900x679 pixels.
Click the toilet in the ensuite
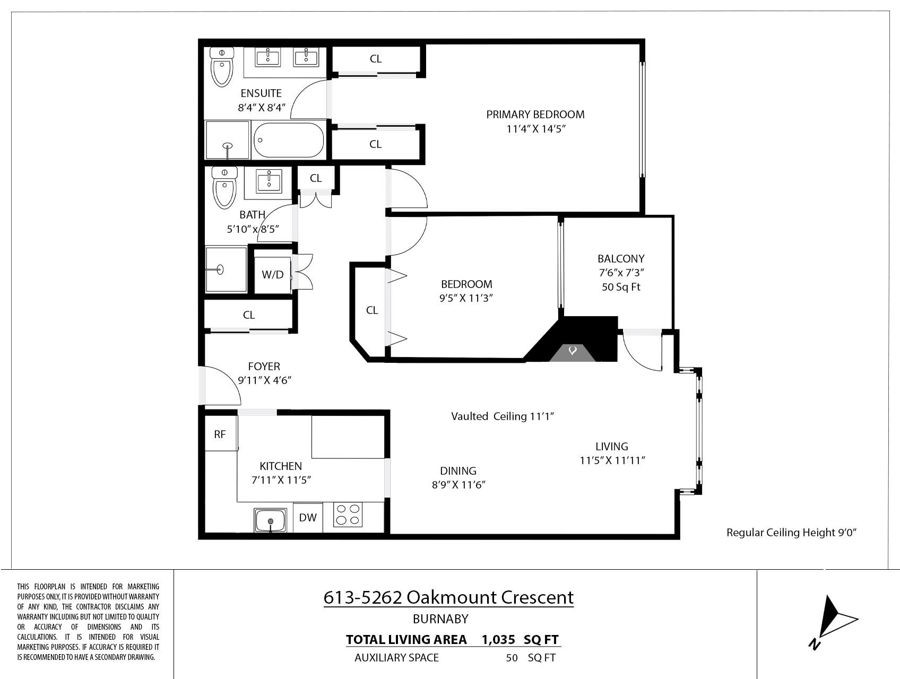click(x=222, y=67)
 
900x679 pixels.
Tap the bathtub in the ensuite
click(x=289, y=140)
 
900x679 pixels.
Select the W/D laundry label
click(x=273, y=275)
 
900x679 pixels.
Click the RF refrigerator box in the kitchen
click(x=220, y=434)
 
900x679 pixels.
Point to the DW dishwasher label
click(x=308, y=517)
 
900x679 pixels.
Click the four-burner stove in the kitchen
click(x=348, y=514)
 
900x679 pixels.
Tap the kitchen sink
click(x=271, y=520)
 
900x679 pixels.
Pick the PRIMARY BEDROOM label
click(x=535, y=114)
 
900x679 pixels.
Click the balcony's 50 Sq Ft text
click(x=621, y=287)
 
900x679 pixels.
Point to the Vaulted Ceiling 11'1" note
click(x=503, y=416)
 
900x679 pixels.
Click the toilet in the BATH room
click(x=224, y=187)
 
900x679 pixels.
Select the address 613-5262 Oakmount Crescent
click(x=448, y=597)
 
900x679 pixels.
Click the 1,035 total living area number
click(x=498, y=639)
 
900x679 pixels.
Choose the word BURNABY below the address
click(x=440, y=619)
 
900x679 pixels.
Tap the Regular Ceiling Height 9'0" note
click(x=792, y=533)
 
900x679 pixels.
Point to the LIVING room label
click(x=611, y=447)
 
